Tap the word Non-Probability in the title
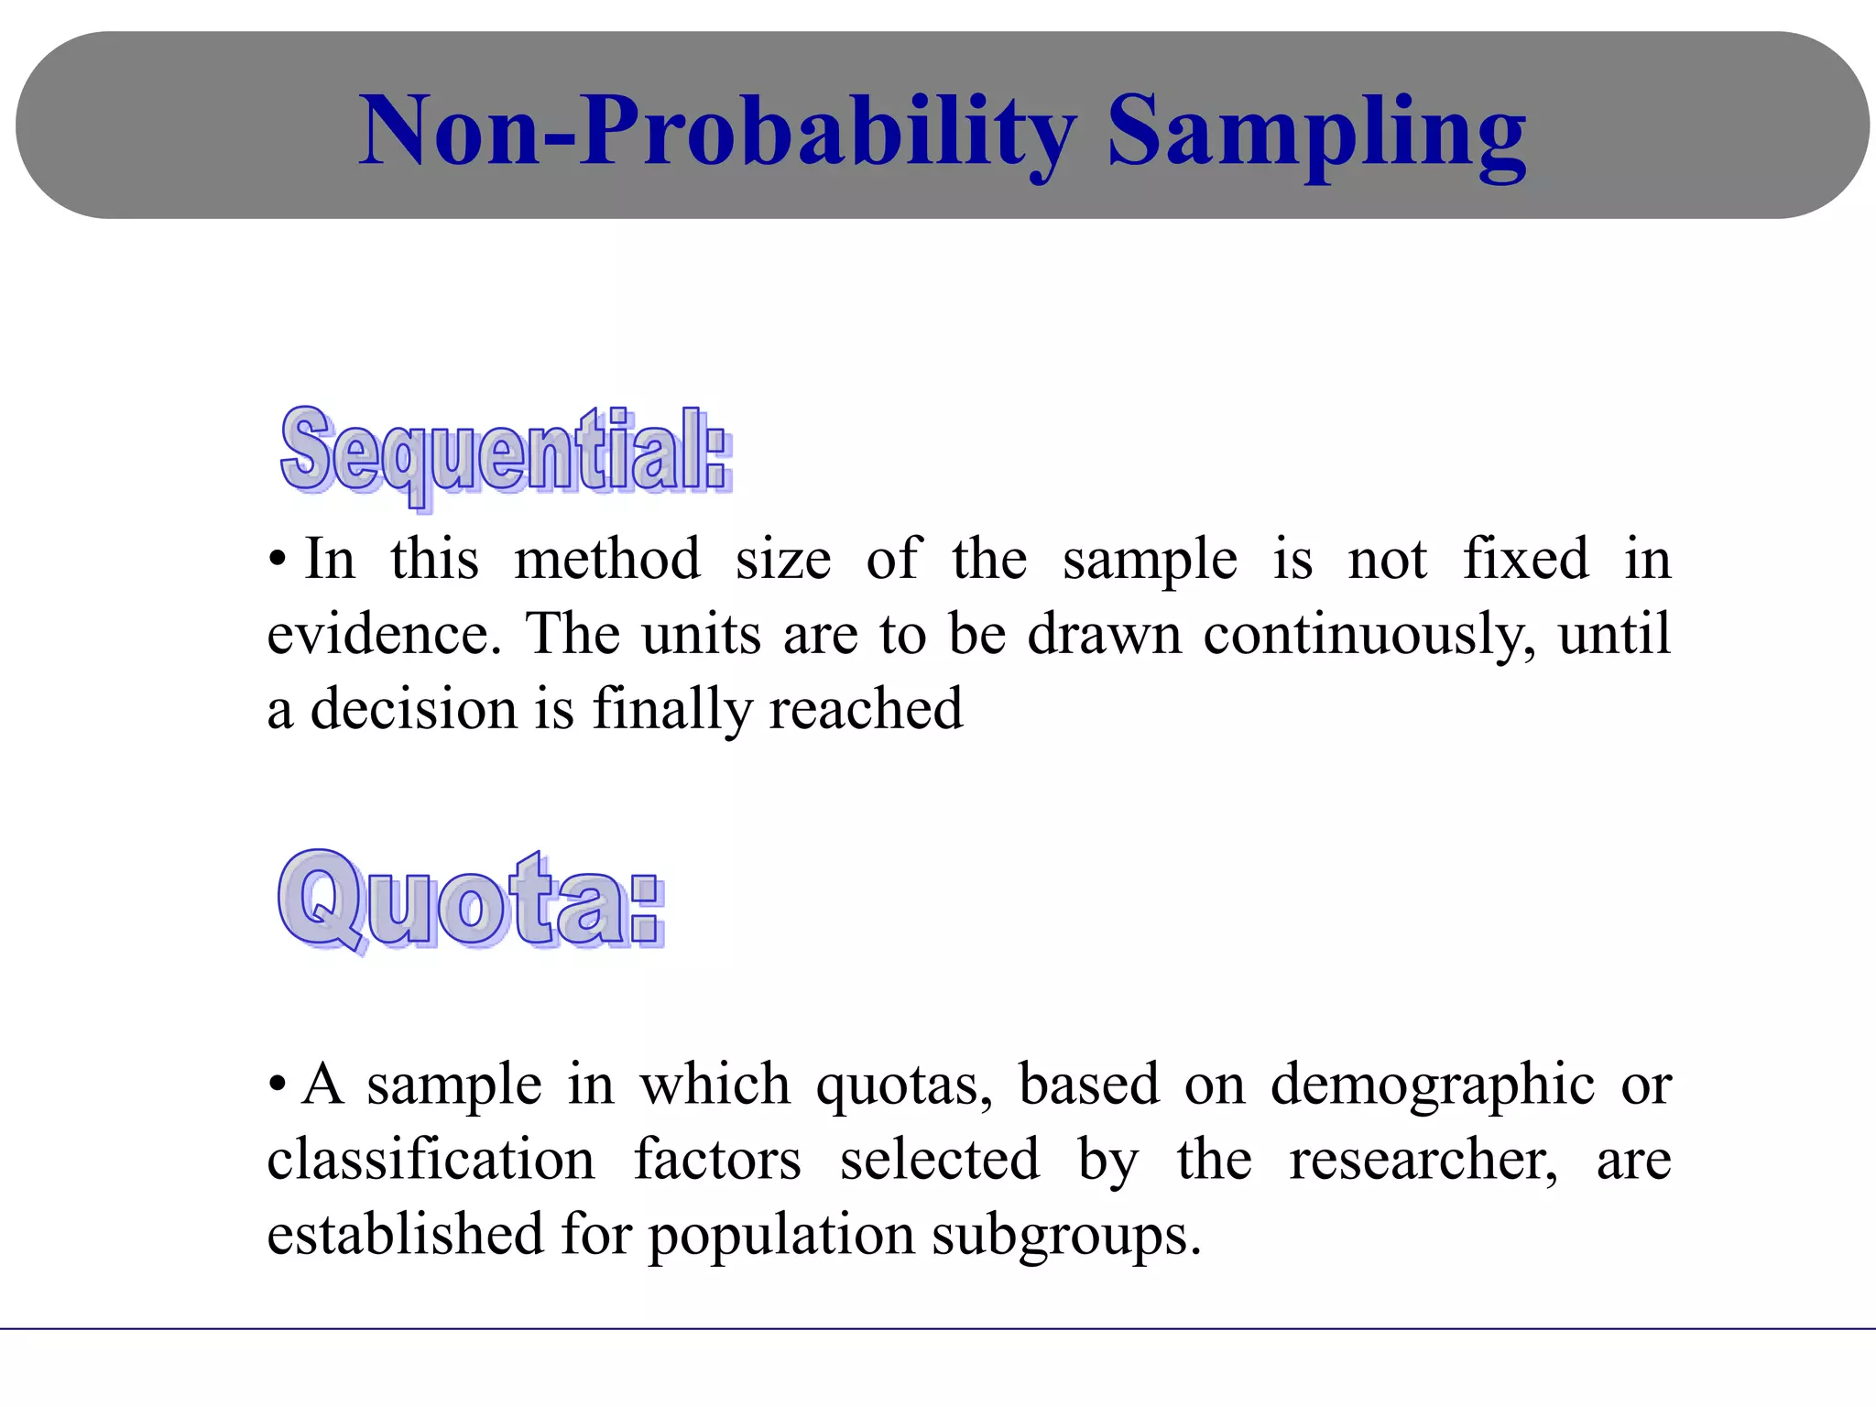pos(717,133)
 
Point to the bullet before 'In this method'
pos(278,561)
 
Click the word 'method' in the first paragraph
pos(607,559)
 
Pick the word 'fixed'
pos(1525,559)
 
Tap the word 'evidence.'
pos(385,634)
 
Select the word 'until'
pos(1615,633)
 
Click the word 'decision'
pos(414,709)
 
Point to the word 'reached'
pos(866,709)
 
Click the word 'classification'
pos(431,1160)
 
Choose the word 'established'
pos(405,1234)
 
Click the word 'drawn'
pos(1105,634)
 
